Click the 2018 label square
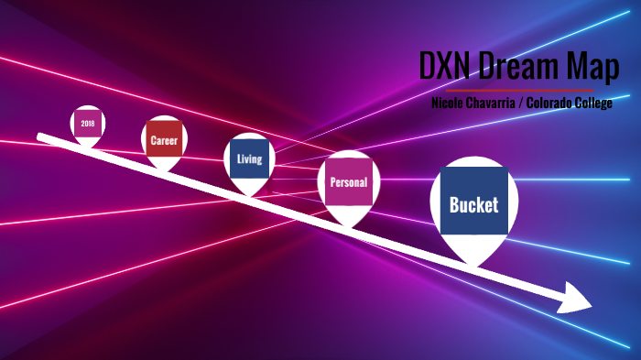coord(88,123)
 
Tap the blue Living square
coord(249,158)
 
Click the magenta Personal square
coord(348,182)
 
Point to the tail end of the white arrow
coord(39,137)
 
